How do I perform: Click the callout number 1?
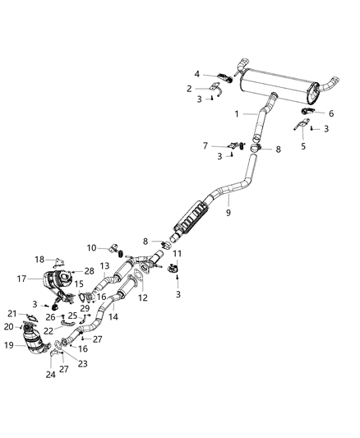(x=238, y=113)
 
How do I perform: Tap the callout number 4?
(x=197, y=74)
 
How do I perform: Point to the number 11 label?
(x=176, y=253)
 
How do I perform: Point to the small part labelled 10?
(x=113, y=247)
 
